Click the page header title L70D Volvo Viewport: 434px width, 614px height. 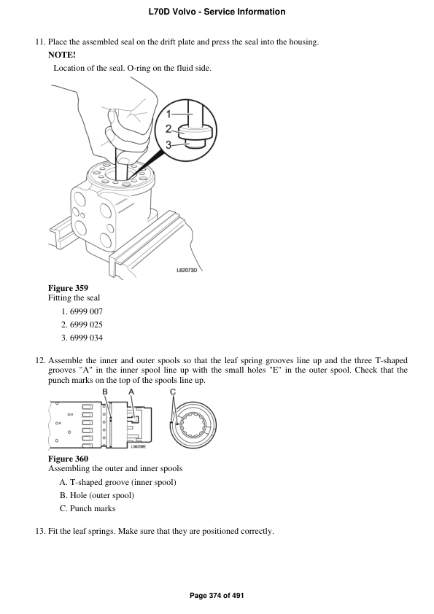coord(217,12)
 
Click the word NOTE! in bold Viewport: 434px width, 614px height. coord(61,55)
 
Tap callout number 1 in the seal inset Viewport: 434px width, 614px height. coord(168,114)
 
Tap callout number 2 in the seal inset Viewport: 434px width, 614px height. coord(168,129)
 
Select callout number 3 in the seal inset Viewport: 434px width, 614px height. coord(168,145)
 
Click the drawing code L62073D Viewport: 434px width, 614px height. coord(187,270)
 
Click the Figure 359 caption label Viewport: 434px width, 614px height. coord(68,287)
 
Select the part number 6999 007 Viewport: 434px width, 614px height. coord(86,311)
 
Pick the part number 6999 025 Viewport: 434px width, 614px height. coord(86,325)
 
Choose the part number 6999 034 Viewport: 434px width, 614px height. coord(86,338)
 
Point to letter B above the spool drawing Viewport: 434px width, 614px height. coord(105,392)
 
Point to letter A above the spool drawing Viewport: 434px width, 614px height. coord(131,392)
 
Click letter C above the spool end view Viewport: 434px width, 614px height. coord(173,392)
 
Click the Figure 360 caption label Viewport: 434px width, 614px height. coord(68,458)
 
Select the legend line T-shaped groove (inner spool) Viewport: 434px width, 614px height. coord(117,482)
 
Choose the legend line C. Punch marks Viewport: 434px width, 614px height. coord(87,508)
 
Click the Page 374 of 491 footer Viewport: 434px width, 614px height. coord(217,596)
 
